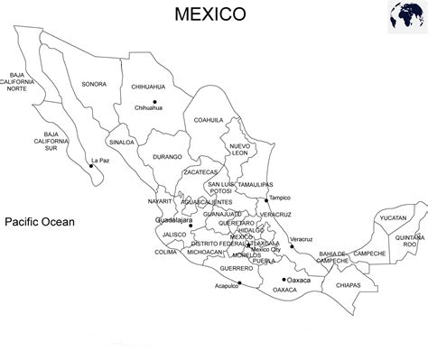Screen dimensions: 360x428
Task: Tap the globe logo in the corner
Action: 405,18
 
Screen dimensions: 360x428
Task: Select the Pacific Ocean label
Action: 39,221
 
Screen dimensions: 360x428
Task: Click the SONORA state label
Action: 94,84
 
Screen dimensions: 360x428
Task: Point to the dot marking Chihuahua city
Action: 154,102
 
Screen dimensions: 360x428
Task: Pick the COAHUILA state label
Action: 208,120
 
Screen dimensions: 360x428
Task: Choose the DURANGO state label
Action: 167,157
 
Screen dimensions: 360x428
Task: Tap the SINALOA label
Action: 122,142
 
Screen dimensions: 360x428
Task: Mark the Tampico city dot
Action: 267,200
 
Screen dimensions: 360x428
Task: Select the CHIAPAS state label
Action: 348,285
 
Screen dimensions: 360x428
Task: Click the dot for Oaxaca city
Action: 284,280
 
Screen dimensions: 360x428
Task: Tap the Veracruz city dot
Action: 292,246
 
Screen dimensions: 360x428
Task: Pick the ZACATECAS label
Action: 200,171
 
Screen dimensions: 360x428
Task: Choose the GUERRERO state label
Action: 236,268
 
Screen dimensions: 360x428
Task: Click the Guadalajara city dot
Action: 191,226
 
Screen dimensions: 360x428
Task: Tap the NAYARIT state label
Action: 160,201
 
